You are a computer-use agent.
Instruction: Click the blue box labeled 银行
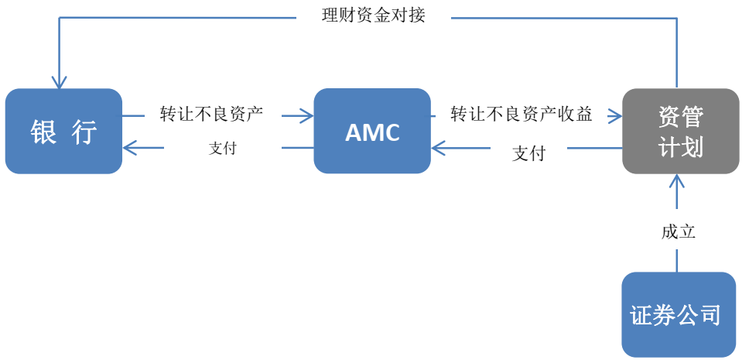click(x=63, y=131)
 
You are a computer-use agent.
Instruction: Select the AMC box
click(x=372, y=131)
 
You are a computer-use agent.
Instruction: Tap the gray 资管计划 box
click(x=681, y=131)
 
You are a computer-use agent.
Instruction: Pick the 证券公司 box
click(x=679, y=314)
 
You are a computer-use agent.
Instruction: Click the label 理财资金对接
click(x=374, y=15)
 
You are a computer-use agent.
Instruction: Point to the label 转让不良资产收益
click(x=522, y=115)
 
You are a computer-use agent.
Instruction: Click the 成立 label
click(x=678, y=231)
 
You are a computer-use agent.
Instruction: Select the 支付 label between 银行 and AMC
click(x=222, y=148)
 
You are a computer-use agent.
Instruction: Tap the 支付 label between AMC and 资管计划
click(x=528, y=153)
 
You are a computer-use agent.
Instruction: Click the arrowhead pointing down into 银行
click(x=60, y=82)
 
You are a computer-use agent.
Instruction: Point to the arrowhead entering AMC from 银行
click(x=307, y=116)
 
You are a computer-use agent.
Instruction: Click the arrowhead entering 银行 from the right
click(x=129, y=148)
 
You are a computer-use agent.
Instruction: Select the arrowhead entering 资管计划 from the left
click(x=616, y=116)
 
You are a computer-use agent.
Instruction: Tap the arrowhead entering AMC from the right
click(x=438, y=148)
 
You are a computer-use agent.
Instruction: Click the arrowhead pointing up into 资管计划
click(x=677, y=181)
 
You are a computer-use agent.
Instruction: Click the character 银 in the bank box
click(x=43, y=132)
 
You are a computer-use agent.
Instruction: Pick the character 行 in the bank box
click(x=84, y=132)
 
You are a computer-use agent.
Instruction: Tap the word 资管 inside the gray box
click(x=681, y=117)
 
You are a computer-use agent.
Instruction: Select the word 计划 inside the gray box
click(x=681, y=146)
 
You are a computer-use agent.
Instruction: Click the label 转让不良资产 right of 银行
click(x=211, y=115)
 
